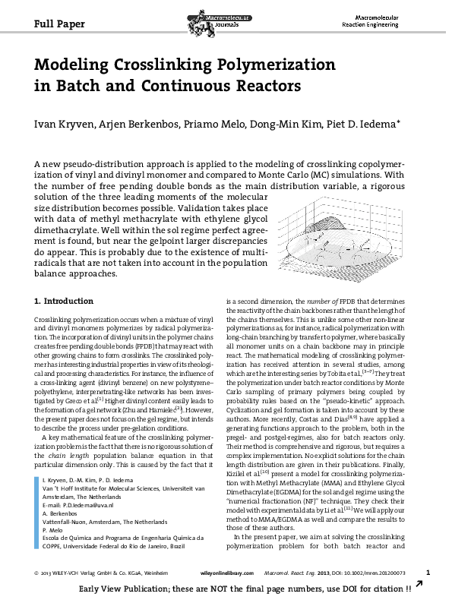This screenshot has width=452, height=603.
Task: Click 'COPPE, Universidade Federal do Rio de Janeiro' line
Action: (106, 523)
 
